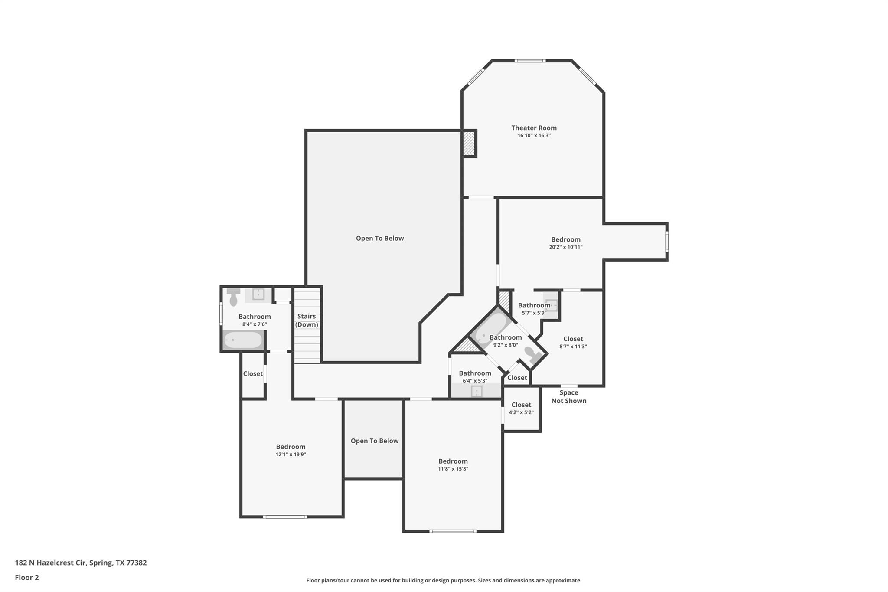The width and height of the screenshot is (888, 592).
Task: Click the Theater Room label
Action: point(533,128)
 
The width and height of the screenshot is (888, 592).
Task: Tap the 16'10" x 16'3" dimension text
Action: point(534,135)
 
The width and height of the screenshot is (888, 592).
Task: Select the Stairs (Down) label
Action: point(307,321)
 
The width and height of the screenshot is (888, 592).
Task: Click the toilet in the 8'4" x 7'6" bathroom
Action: point(233,297)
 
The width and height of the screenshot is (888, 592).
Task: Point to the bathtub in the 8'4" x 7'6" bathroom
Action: point(243,340)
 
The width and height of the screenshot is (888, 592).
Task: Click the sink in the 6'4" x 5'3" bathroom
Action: point(476,391)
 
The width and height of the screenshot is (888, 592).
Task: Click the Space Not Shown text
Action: point(568,397)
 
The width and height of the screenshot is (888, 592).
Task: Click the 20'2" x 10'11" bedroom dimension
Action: point(565,247)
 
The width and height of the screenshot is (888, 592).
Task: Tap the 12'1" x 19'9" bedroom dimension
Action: point(291,455)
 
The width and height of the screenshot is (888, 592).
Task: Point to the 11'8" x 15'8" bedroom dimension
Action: point(453,469)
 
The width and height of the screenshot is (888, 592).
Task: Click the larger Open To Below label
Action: point(379,238)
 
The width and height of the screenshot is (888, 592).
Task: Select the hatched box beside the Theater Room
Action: point(469,144)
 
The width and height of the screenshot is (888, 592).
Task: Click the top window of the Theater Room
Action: point(530,61)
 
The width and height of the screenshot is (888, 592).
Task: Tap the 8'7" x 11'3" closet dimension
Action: point(573,347)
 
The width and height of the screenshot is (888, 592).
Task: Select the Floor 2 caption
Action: point(27,577)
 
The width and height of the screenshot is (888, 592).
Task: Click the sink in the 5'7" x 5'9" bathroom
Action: point(551,305)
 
